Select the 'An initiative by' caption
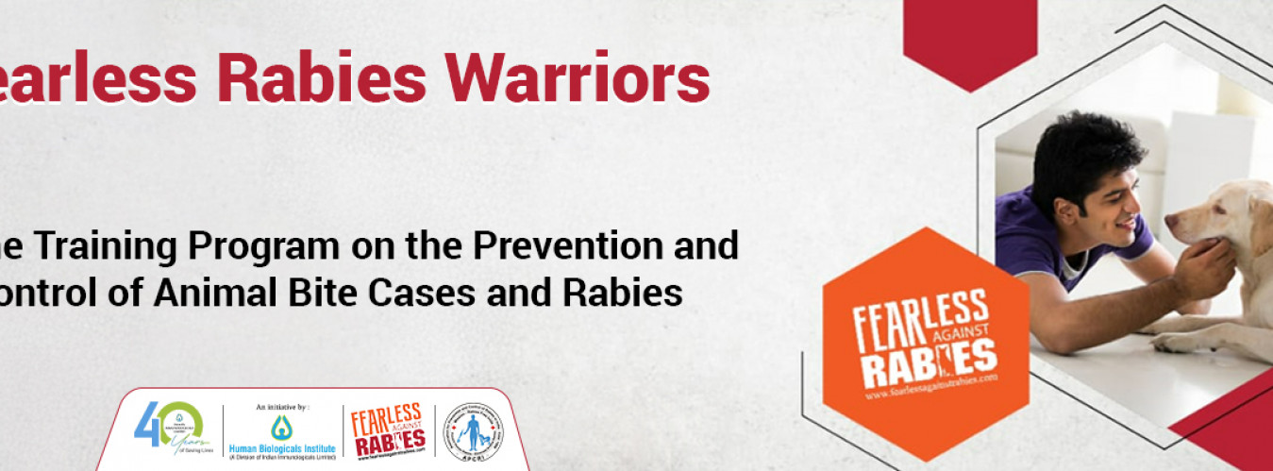tap(281, 407)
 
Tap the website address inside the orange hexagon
tap(930, 385)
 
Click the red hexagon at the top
tap(969, 38)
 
